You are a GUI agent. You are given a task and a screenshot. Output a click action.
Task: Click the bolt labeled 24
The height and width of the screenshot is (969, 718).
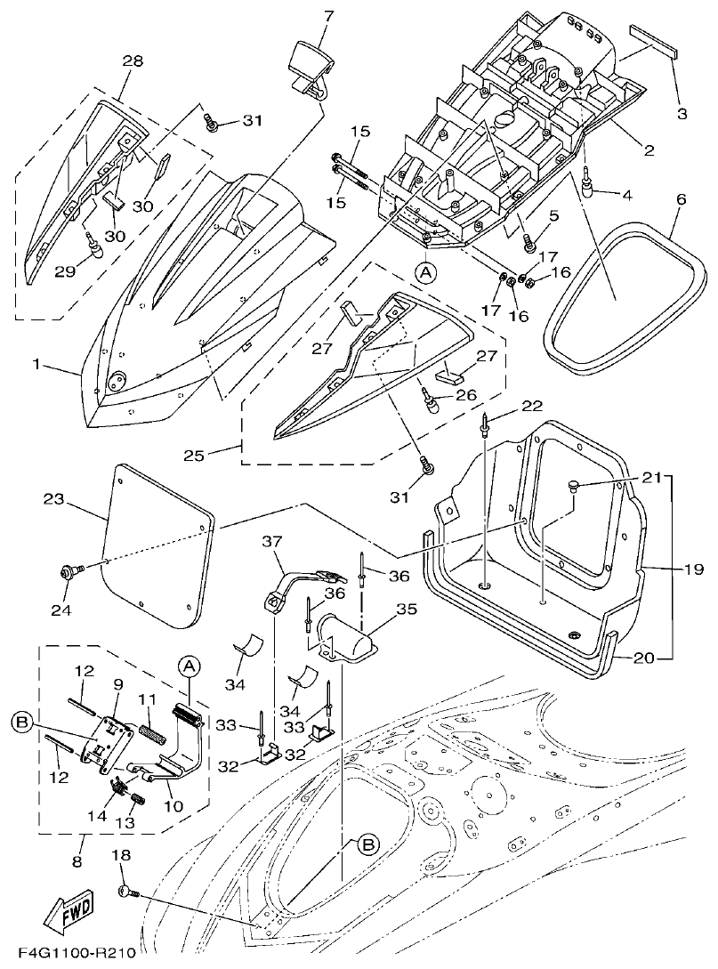coord(69,570)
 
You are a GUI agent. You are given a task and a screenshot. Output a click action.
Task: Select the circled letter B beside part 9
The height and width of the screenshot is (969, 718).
coord(25,719)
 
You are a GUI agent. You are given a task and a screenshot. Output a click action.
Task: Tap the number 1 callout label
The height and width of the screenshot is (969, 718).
coord(37,364)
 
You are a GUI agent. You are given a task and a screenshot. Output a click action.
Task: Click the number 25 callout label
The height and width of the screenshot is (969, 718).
coord(194,455)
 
